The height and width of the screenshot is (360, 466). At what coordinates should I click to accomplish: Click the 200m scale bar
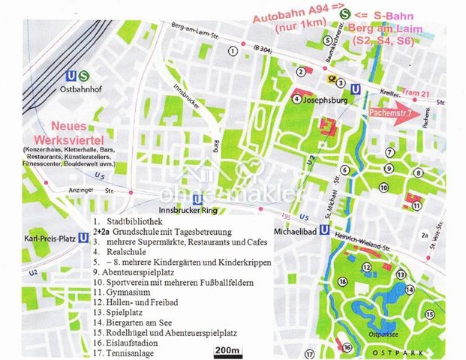pyautogui.click(x=227, y=350)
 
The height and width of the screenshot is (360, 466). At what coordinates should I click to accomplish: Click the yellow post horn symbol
pyautogui.click(x=329, y=77)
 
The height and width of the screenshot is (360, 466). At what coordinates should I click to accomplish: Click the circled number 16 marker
pyautogui.click(x=347, y=347)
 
